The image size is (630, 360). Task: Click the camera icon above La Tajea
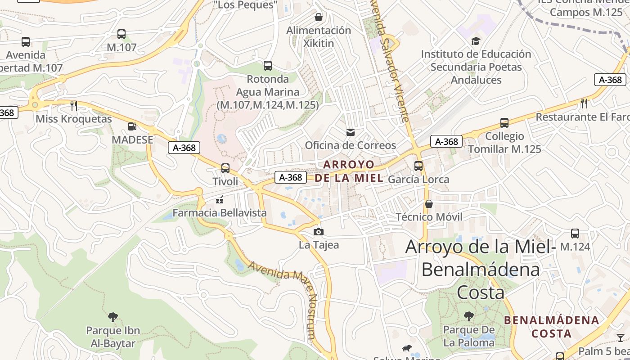pos(319,232)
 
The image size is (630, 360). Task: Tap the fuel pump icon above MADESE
pos(132,127)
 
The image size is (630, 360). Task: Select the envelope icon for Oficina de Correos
pos(350,132)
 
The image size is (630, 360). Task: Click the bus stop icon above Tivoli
pos(225,168)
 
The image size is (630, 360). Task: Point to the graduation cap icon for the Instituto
pos(476,41)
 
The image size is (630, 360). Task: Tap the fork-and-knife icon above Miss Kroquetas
pos(74,106)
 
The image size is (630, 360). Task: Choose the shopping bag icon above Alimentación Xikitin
pos(319,18)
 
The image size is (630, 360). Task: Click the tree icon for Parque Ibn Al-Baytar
pos(113,317)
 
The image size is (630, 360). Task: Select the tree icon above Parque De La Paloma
pos(469,316)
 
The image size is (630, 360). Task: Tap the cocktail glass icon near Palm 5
pos(621,337)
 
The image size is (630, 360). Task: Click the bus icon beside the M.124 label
pos(575,234)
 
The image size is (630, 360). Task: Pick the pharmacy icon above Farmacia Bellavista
pos(220,200)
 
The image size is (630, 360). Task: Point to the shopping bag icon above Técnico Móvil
pos(429,204)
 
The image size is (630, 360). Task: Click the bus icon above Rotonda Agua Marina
pos(268,66)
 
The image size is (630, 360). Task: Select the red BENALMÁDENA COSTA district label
pos(551,327)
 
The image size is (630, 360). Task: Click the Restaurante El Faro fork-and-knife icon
pos(584,103)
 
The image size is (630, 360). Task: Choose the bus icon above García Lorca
pos(418,166)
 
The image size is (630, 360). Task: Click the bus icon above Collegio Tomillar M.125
pos(504,123)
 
